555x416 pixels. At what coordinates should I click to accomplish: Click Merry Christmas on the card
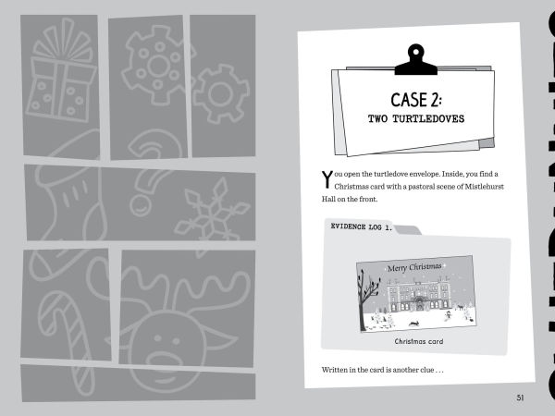click(x=414, y=267)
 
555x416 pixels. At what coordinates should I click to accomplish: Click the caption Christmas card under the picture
click(x=419, y=341)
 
